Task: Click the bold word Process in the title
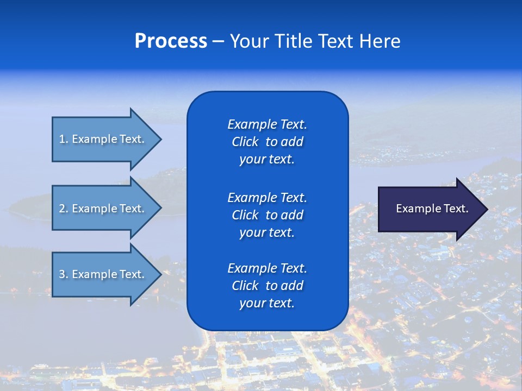coord(171,41)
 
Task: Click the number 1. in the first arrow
coord(64,139)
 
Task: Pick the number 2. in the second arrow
coord(64,209)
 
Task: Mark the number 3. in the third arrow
coord(64,274)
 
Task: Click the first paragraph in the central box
coord(267,142)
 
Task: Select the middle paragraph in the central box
coord(267,215)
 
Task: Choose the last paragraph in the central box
coord(267,286)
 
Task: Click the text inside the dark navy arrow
coord(432,209)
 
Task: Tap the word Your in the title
coord(250,41)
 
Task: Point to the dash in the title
coord(218,41)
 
